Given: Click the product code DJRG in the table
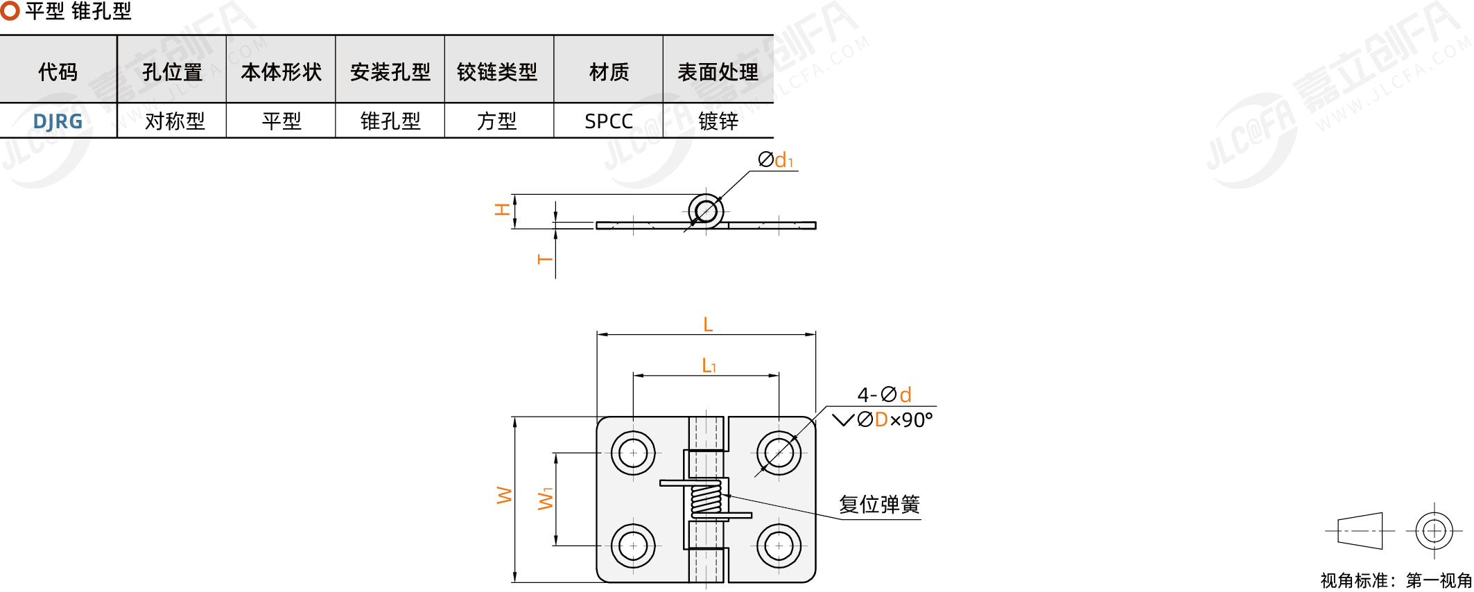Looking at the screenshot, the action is pyautogui.click(x=58, y=121).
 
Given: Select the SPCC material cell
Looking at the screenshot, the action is pyautogui.click(x=609, y=121).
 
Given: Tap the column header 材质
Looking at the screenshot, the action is pyautogui.click(x=609, y=71).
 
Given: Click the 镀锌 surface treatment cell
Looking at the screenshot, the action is pyautogui.click(x=718, y=121).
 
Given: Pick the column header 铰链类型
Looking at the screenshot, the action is pyautogui.click(x=497, y=71).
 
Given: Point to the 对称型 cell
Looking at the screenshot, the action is pyautogui.click(x=175, y=121).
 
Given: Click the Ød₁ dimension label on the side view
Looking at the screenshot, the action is pyautogui.click(x=775, y=160).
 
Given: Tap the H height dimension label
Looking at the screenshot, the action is pyautogui.click(x=502, y=209).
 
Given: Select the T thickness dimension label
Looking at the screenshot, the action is pyautogui.click(x=545, y=259).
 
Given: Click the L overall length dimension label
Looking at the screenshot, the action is pyautogui.click(x=708, y=324).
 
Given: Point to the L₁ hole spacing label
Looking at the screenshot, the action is pyautogui.click(x=709, y=365).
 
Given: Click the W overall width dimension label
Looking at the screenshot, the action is pyautogui.click(x=504, y=495).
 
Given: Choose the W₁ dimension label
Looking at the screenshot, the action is pyautogui.click(x=546, y=498).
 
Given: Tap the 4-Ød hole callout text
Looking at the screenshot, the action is pyautogui.click(x=885, y=394).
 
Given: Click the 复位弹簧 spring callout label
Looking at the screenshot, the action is pyautogui.click(x=879, y=504).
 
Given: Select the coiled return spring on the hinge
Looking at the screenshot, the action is pyautogui.click(x=706, y=498).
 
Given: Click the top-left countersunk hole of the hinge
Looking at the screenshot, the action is pyautogui.click(x=633, y=453).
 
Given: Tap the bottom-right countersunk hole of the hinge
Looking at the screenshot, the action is pyautogui.click(x=779, y=546).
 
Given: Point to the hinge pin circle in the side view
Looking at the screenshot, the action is pyautogui.click(x=706, y=211).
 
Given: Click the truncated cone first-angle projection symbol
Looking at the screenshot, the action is pyautogui.click(x=1360, y=531).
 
